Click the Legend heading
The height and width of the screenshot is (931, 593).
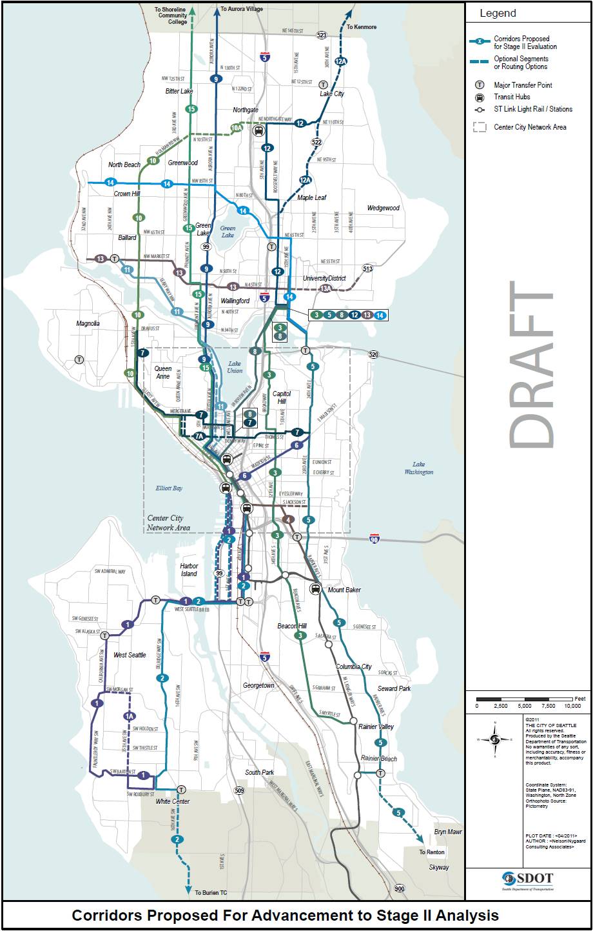(x=498, y=14)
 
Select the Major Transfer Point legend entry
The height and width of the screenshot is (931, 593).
(x=522, y=85)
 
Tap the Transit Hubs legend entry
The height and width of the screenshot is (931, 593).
(x=512, y=97)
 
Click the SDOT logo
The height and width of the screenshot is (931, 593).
(x=528, y=879)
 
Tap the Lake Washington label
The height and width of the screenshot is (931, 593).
(x=419, y=468)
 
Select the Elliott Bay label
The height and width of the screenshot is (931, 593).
(x=169, y=488)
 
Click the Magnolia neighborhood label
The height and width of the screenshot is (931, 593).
(x=88, y=323)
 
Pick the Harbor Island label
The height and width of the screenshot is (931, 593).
(x=189, y=570)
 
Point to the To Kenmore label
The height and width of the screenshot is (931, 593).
(x=362, y=27)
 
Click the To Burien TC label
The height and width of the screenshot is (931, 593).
(x=211, y=893)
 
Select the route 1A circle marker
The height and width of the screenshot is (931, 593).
(x=130, y=716)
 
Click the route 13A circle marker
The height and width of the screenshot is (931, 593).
(x=326, y=288)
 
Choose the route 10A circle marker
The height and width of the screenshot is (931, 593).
(x=237, y=128)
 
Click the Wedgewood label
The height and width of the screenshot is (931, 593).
(x=384, y=208)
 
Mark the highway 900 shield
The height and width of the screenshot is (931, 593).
(x=400, y=888)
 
